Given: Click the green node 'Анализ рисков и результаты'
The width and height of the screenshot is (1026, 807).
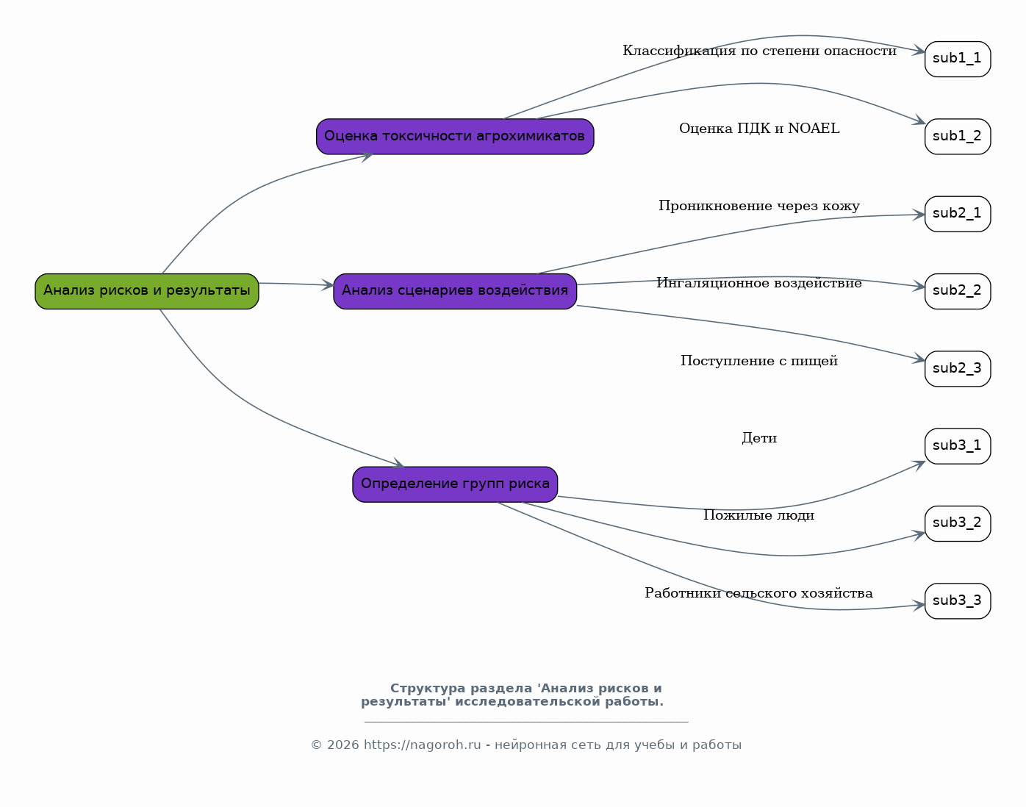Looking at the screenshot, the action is [x=147, y=291].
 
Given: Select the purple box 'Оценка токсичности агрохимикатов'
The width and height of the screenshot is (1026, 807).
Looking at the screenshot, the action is [x=455, y=137].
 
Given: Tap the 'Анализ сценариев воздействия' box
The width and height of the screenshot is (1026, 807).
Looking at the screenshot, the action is [x=455, y=291].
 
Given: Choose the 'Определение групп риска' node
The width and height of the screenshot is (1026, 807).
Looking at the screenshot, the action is [x=455, y=484].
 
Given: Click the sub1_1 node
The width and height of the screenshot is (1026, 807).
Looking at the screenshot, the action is [x=958, y=59].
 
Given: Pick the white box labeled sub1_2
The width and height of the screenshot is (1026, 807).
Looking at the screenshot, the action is [x=958, y=137].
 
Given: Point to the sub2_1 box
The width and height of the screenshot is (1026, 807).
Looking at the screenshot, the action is [x=958, y=214].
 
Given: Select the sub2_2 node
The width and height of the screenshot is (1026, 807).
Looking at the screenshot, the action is [x=958, y=291].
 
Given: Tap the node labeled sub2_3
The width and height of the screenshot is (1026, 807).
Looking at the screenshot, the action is [x=958, y=369].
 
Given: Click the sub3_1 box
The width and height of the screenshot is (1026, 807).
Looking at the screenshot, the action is [x=958, y=446].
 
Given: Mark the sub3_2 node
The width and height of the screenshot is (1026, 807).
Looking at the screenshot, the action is [x=958, y=524].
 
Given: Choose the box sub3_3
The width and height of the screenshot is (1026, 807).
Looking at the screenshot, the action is [x=958, y=601].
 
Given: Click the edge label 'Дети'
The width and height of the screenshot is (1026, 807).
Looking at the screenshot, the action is [x=759, y=438].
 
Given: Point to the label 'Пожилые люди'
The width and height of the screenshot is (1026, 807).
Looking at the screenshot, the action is [x=759, y=515].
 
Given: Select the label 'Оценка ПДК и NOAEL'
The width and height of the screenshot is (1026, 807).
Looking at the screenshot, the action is [x=759, y=129].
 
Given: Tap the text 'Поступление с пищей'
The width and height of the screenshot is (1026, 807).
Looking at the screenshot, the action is [x=759, y=361].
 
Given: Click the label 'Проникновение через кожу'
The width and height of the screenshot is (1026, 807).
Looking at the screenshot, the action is [x=759, y=206].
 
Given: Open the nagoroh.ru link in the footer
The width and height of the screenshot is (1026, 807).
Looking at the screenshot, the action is [x=422, y=745].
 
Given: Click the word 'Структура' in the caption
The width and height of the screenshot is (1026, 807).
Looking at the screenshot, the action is [x=428, y=689].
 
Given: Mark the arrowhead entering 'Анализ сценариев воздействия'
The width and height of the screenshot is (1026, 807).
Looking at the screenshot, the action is [x=328, y=285].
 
